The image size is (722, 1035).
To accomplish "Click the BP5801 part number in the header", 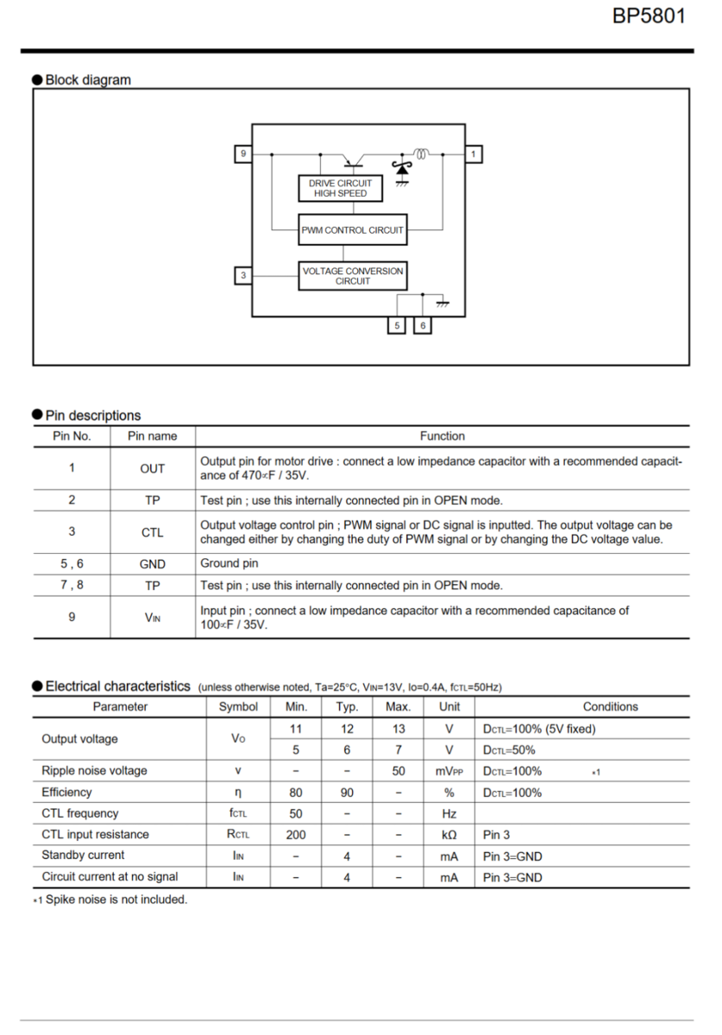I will point(649,16).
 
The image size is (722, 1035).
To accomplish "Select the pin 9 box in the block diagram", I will point(243,154).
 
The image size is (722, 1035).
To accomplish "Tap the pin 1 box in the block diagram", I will point(474,154).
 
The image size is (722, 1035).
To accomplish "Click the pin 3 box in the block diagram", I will point(243,275).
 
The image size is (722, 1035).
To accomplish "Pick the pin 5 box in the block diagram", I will point(397,326).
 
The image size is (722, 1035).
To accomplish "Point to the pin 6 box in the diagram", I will point(423,326).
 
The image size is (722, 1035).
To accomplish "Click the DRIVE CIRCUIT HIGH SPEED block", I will point(340,188).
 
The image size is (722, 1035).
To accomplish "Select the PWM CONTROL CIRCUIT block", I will point(352,230).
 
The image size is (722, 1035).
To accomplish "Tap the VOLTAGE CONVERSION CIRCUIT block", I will point(352,276).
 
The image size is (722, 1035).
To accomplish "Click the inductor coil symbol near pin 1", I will point(421,154).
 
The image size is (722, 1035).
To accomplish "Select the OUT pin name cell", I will point(152,468).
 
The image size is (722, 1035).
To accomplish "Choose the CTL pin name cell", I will point(152,532).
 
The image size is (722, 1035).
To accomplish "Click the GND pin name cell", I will point(152,564).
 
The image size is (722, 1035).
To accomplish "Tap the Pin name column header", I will point(152,436).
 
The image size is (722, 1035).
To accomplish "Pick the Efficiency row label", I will point(66,792).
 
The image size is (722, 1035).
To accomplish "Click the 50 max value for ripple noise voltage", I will point(399,771).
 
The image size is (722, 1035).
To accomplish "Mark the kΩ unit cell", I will point(449,834).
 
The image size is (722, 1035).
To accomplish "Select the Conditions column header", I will point(610,706).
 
